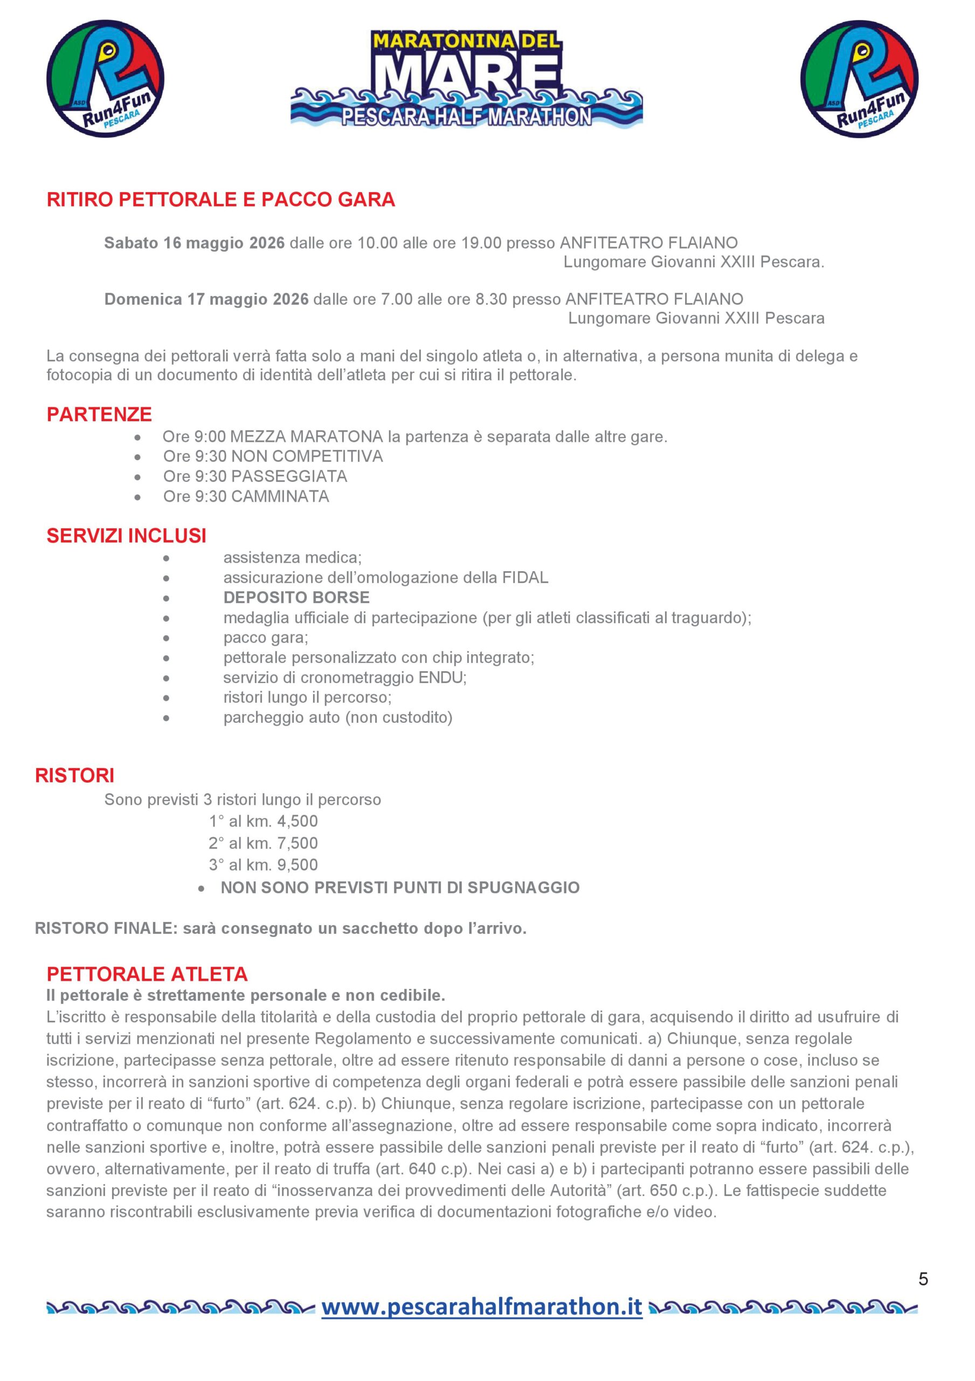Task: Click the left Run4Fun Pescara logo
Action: [x=105, y=79]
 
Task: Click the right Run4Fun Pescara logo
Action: [x=859, y=79]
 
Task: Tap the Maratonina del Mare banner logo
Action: [x=466, y=79]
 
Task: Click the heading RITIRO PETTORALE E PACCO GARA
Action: [x=220, y=200]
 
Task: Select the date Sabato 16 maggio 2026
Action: [x=194, y=243]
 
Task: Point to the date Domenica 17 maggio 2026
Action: [x=206, y=299]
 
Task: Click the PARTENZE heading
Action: [x=99, y=414]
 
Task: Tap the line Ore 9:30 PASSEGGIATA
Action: [x=255, y=476]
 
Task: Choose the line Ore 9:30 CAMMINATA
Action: [x=246, y=497]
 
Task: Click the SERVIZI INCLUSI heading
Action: [x=126, y=536]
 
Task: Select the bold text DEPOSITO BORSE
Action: [x=296, y=597]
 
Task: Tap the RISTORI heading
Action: [x=74, y=775]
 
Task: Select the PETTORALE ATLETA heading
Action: [x=147, y=974]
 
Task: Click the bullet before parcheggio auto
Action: [x=166, y=718]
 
